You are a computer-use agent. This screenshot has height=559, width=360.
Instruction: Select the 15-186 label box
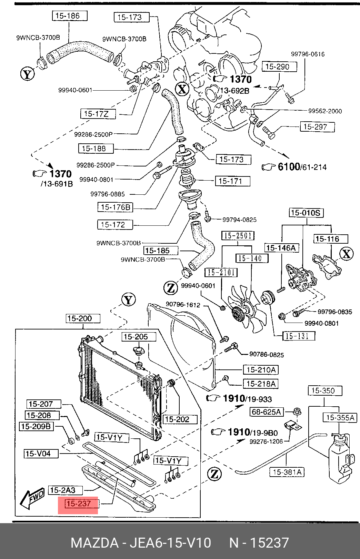coord(70,16)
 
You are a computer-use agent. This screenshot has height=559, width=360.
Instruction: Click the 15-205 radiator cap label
coord(136,336)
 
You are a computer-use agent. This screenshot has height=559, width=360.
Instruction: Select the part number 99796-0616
coord(308,54)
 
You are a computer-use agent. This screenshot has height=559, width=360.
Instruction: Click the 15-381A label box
coord(287,472)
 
